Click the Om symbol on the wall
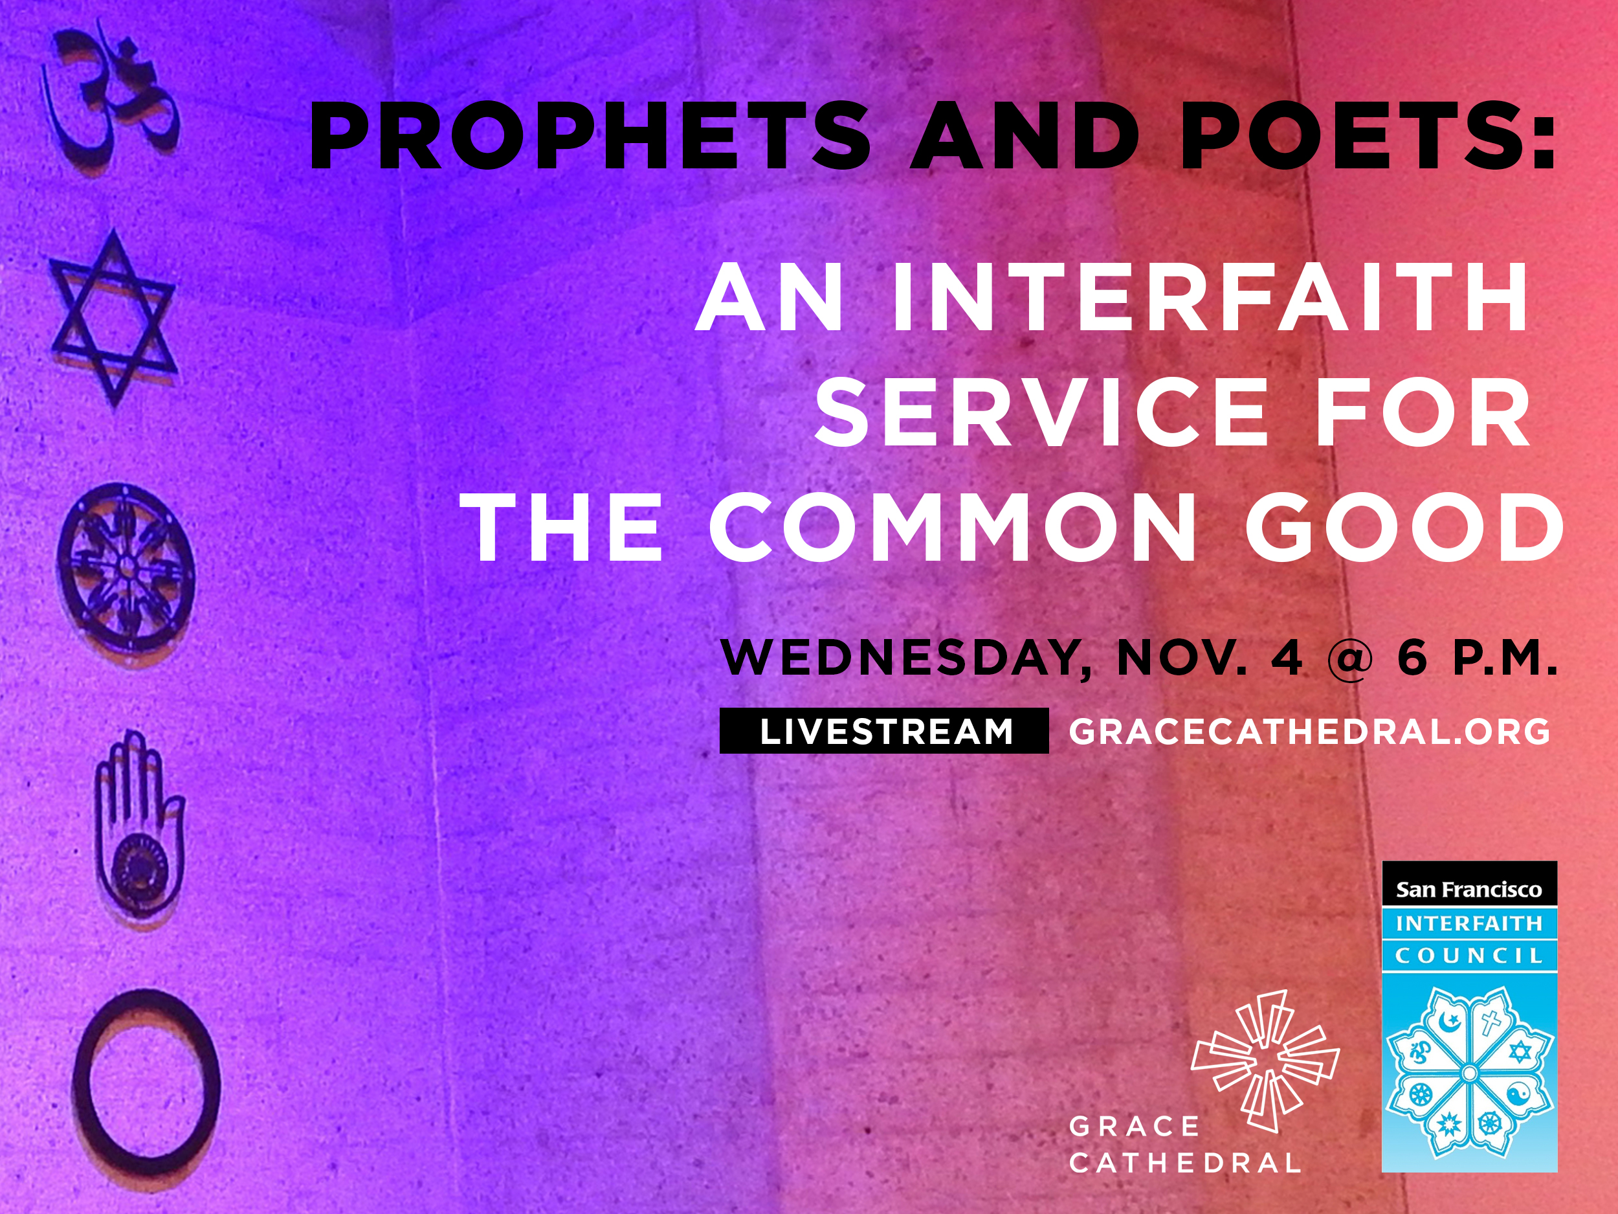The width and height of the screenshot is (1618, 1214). click(110, 99)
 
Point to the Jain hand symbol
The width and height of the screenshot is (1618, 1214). click(139, 827)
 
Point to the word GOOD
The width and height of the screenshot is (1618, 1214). click(1404, 527)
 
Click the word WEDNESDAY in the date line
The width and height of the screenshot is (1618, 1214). click(905, 658)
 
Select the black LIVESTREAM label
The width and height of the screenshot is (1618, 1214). click(884, 731)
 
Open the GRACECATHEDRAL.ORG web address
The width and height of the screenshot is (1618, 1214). click(1309, 732)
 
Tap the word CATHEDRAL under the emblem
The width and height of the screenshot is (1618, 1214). click(1185, 1163)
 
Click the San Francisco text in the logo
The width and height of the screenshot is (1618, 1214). click(1468, 889)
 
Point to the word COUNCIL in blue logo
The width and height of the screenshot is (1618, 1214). click(1468, 956)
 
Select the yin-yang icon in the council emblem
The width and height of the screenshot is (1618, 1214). click(1518, 1096)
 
